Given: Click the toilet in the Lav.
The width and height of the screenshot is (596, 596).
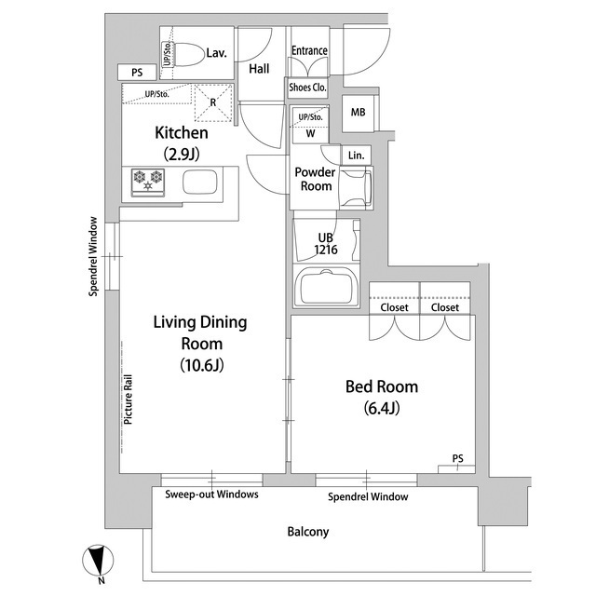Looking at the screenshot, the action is tap(188, 54).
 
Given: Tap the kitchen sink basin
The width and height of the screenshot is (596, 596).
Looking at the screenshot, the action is tap(200, 183).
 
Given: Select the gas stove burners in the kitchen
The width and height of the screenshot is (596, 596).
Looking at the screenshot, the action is tap(148, 183).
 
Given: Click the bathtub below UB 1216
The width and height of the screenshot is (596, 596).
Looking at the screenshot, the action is tap(327, 286).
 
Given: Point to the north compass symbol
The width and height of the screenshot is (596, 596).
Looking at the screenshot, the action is tap(98, 561).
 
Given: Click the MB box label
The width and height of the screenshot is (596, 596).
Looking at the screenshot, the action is tap(358, 112).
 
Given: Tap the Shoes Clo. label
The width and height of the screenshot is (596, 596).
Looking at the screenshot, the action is tap(307, 88).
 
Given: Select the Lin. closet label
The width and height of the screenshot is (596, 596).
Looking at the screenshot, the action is tap(356, 156).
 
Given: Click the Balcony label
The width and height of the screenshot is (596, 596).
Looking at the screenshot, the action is tap(308, 532).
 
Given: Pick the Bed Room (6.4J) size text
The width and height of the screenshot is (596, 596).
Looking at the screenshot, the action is tap(382, 408).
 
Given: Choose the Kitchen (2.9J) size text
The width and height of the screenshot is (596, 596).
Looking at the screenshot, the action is tap(182, 154).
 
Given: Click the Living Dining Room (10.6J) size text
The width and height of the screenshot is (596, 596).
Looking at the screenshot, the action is tap(202, 365).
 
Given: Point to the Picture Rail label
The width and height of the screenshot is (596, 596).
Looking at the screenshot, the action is tap(129, 400).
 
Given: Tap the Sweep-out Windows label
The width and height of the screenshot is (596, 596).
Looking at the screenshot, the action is tap(211, 494).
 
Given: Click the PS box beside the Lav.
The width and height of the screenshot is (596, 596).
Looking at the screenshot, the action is tap(137, 73).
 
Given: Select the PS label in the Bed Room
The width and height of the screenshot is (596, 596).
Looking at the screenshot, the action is tap(458, 458).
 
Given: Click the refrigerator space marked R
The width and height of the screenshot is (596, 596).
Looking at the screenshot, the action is tap(213, 102).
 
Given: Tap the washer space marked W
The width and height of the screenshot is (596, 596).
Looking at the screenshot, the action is tap(310, 133).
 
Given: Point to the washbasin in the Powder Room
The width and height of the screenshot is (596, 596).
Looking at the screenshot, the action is tap(356, 188).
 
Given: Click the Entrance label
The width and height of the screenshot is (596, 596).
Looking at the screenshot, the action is tap(309, 50).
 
